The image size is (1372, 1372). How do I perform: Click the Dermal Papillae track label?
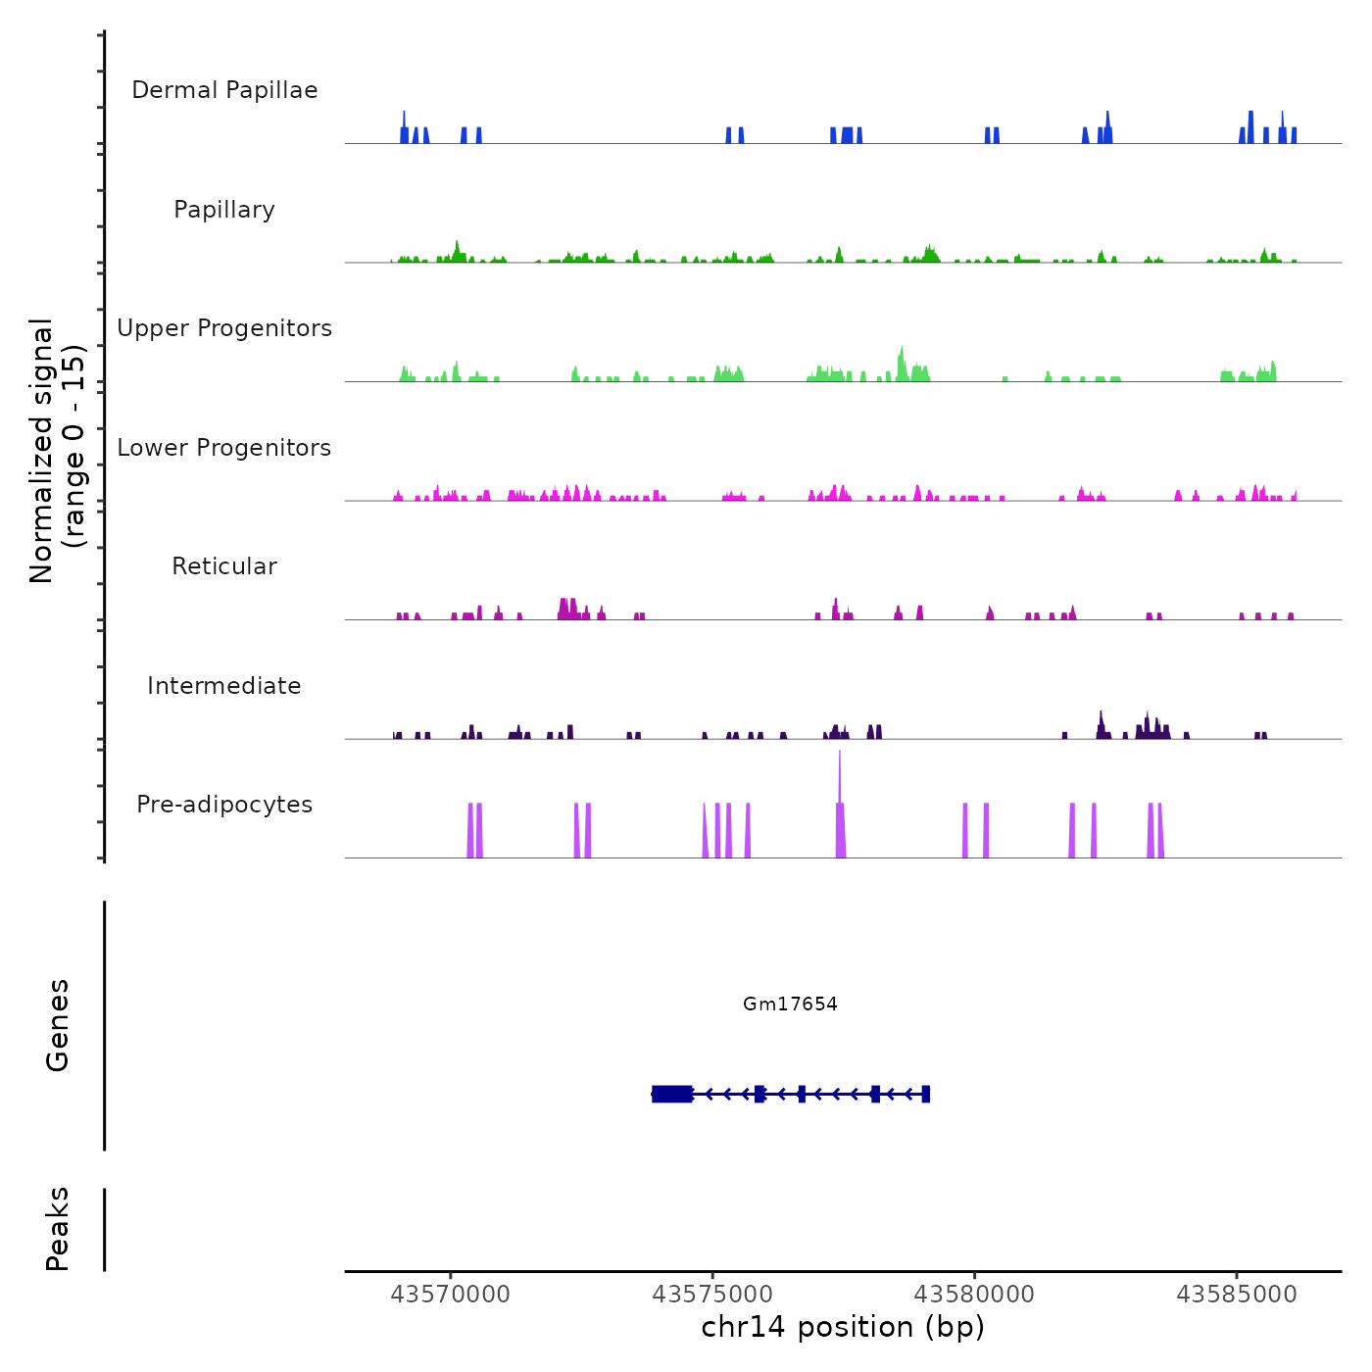(224, 90)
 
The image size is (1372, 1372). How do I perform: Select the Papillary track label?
(224, 210)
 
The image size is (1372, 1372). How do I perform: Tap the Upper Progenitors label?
(224, 328)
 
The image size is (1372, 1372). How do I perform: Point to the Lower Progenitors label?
(224, 448)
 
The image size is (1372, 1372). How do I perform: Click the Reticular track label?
(224, 566)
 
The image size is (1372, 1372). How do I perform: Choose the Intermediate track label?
(224, 686)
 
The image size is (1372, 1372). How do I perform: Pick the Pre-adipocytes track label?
(224, 805)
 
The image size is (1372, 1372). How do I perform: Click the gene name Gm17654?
(790, 1004)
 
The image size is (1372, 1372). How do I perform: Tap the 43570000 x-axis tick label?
(450, 1295)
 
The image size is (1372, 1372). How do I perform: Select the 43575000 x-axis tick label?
(712, 1295)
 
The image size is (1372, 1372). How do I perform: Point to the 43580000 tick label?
(974, 1295)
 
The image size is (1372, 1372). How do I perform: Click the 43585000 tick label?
(1237, 1295)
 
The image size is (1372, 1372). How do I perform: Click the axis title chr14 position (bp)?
(843, 1327)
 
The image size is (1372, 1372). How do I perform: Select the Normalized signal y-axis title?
(57, 451)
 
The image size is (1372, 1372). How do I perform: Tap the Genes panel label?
(58, 1025)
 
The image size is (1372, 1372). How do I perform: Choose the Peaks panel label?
(58, 1229)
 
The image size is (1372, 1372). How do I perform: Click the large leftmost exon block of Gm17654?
(672, 1094)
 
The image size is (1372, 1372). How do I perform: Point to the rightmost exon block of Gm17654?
(925, 1094)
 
